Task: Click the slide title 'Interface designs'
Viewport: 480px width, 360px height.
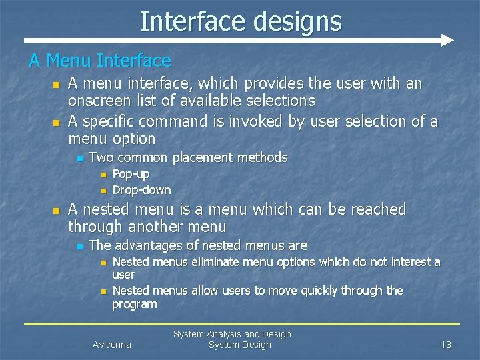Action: [x=240, y=21]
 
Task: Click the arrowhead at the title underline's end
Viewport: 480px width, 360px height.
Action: [x=447, y=40]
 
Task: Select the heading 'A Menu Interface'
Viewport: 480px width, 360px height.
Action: [x=100, y=61]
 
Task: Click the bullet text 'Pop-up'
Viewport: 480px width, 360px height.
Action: [x=131, y=174]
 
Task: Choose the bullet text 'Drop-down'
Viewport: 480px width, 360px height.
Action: [x=141, y=190]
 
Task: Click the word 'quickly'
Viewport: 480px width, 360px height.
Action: [x=310, y=291]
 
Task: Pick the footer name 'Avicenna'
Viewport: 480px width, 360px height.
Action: [x=112, y=345]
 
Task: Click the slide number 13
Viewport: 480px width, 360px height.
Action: [x=446, y=345]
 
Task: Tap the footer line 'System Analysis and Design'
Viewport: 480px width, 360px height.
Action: [x=232, y=334]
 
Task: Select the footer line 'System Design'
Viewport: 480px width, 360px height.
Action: [x=239, y=345]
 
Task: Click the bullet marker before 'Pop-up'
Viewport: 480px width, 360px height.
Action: [x=103, y=175]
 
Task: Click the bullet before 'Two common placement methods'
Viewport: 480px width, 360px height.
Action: [x=79, y=159]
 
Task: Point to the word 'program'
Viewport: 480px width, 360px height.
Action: [x=134, y=304]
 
